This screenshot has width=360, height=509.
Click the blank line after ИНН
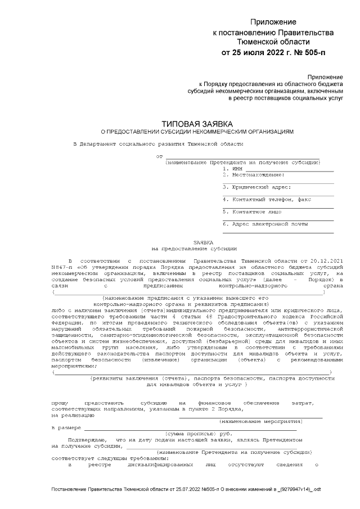click(289, 169)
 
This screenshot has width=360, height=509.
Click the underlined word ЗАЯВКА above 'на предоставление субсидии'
click(196, 241)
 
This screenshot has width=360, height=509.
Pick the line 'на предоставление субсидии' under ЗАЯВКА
click(195, 247)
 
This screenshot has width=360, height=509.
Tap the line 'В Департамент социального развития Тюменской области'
click(151, 144)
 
